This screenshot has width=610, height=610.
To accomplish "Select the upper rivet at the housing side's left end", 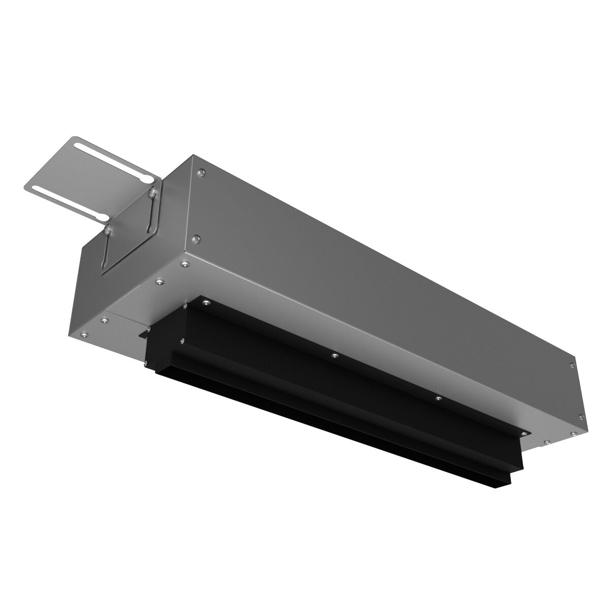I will (202, 172).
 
